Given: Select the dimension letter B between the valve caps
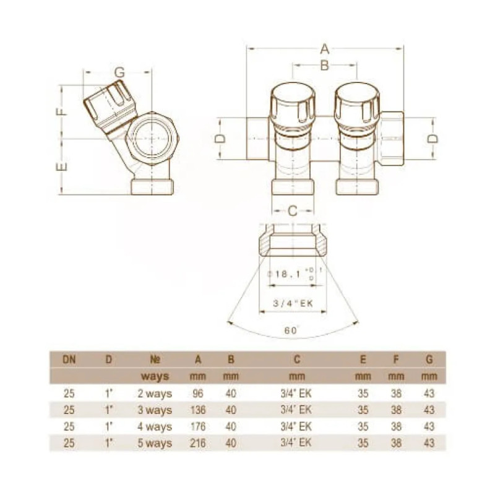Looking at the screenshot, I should pos(324,66).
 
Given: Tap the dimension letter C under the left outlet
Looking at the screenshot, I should pos(293,210).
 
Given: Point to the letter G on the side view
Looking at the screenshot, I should pos(120,71).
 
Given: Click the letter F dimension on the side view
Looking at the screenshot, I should pos(60,112).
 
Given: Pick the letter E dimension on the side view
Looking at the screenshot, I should pos(60,166).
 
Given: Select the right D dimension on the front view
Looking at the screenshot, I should pos(433,139).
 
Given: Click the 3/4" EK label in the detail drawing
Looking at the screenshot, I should pos(293,302).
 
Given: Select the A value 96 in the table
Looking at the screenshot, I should pos(198,394).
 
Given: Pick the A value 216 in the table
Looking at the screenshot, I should pos(198,444).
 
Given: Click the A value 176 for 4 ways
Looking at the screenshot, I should pos(198,427).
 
